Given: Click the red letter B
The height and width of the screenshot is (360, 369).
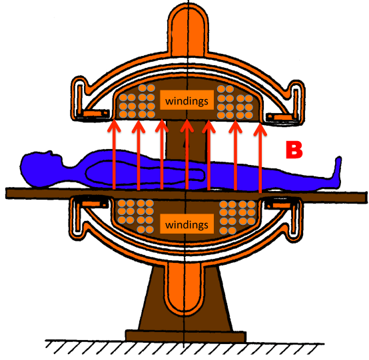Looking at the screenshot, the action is (x=294, y=150).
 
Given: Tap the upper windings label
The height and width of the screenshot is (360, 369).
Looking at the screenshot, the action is (x=187, y=101).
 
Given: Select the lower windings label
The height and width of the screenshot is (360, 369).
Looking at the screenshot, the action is (x=187, y=224).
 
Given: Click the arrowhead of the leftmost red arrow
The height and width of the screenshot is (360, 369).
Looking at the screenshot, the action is (x=114, y=126).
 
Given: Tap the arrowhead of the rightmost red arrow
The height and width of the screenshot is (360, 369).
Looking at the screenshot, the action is (x=260, y=129).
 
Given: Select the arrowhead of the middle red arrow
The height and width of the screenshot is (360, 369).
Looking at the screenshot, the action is (x=187, y=126).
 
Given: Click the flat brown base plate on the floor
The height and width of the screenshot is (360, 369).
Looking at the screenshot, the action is (x=186, y=335).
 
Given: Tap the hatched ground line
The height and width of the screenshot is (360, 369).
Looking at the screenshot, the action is (x=184, y=347).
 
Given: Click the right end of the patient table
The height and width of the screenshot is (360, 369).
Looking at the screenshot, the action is (x=366, y=197).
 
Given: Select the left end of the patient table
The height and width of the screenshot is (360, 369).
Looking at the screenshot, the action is (x=7, y=193).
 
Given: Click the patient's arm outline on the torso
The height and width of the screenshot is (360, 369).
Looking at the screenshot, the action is (x=145, y=171).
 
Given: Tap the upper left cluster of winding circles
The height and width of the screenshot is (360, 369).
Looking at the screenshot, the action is (x=137, y=101).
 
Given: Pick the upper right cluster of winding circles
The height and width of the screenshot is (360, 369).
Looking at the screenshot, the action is (x=235, y=102).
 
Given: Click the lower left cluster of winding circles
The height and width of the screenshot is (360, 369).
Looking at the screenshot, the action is (x=136, y=216).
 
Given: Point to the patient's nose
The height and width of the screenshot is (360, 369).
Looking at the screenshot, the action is (x=49, y=152).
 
